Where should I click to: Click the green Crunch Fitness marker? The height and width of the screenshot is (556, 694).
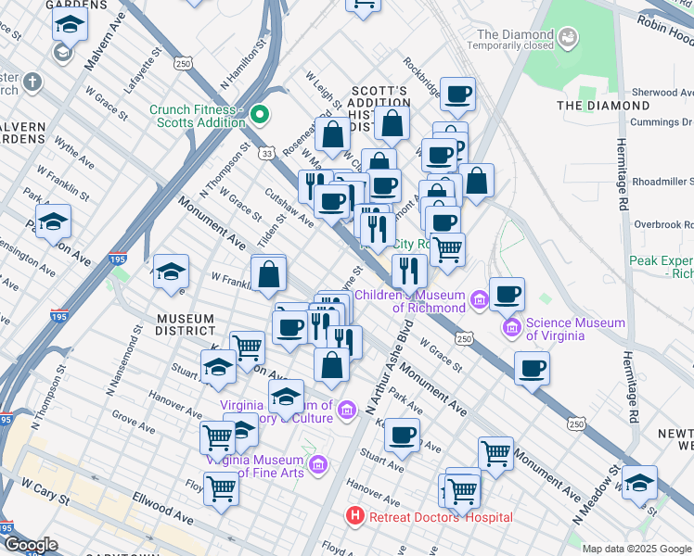click(x=261, y=116)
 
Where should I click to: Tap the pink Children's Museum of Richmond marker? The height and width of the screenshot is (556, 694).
click(x=479, y=299)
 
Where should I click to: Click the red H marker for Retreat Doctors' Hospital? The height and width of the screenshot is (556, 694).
click(x=353, y=514)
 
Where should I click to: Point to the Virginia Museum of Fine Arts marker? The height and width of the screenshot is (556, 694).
click(x=317, y=463)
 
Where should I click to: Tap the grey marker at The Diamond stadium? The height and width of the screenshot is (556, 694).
click(x=568, y=36)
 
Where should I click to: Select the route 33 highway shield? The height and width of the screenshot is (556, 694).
click(x=267, y=153)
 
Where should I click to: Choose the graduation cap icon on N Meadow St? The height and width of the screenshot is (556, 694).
click(x=639, y=483)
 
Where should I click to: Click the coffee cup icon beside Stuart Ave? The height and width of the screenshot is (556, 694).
click(x=402, y=435)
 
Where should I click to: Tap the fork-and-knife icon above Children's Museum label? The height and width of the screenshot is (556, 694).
click(x=408, y=270)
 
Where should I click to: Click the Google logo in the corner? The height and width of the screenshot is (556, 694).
click(x=30, y=545)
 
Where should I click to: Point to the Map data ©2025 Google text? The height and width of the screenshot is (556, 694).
click(x=636, y=549)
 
